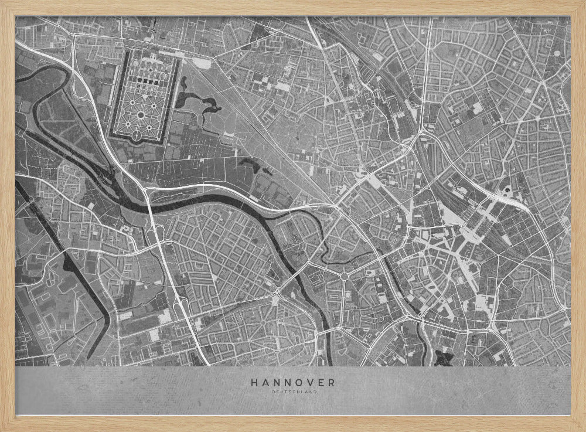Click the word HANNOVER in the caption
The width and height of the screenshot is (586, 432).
coord(293,382)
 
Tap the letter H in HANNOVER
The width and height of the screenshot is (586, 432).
coord(254,382)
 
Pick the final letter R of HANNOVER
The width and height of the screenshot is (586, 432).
coord(332,382)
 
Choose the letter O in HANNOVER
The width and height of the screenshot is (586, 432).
coord(298,382)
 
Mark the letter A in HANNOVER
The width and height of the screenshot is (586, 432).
coord(265,382)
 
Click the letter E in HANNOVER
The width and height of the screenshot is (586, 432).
coord(321,382)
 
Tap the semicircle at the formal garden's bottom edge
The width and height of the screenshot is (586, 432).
coord(137,137)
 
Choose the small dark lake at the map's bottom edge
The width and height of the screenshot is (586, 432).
coord(443,355)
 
